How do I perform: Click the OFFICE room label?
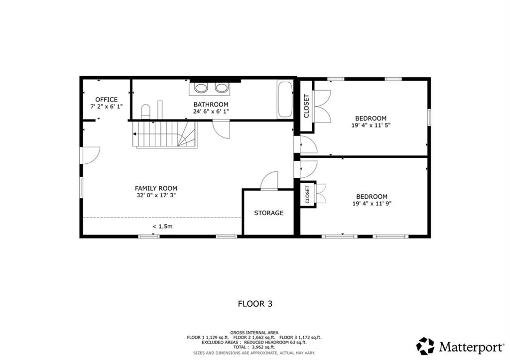click(106, 100)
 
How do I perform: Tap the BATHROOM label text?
click(211, 104)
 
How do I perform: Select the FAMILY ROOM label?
click(156, 188)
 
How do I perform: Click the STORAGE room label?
click(268, 213)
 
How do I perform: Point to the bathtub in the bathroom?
click(285, 100)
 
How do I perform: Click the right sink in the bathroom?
click(221, 88)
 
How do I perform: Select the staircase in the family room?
click(164, 135)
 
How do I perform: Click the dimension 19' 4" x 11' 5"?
click(371, 126)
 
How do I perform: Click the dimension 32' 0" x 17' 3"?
click(156, 196)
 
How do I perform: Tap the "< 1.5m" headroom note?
click(162, 227)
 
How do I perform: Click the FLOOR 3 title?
click(255, 303)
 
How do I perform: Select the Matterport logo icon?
click(425, 346)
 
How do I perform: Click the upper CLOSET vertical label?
click(306, 106)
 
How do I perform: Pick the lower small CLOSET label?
click(307, 194)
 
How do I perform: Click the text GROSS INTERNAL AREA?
click(255, 332)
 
